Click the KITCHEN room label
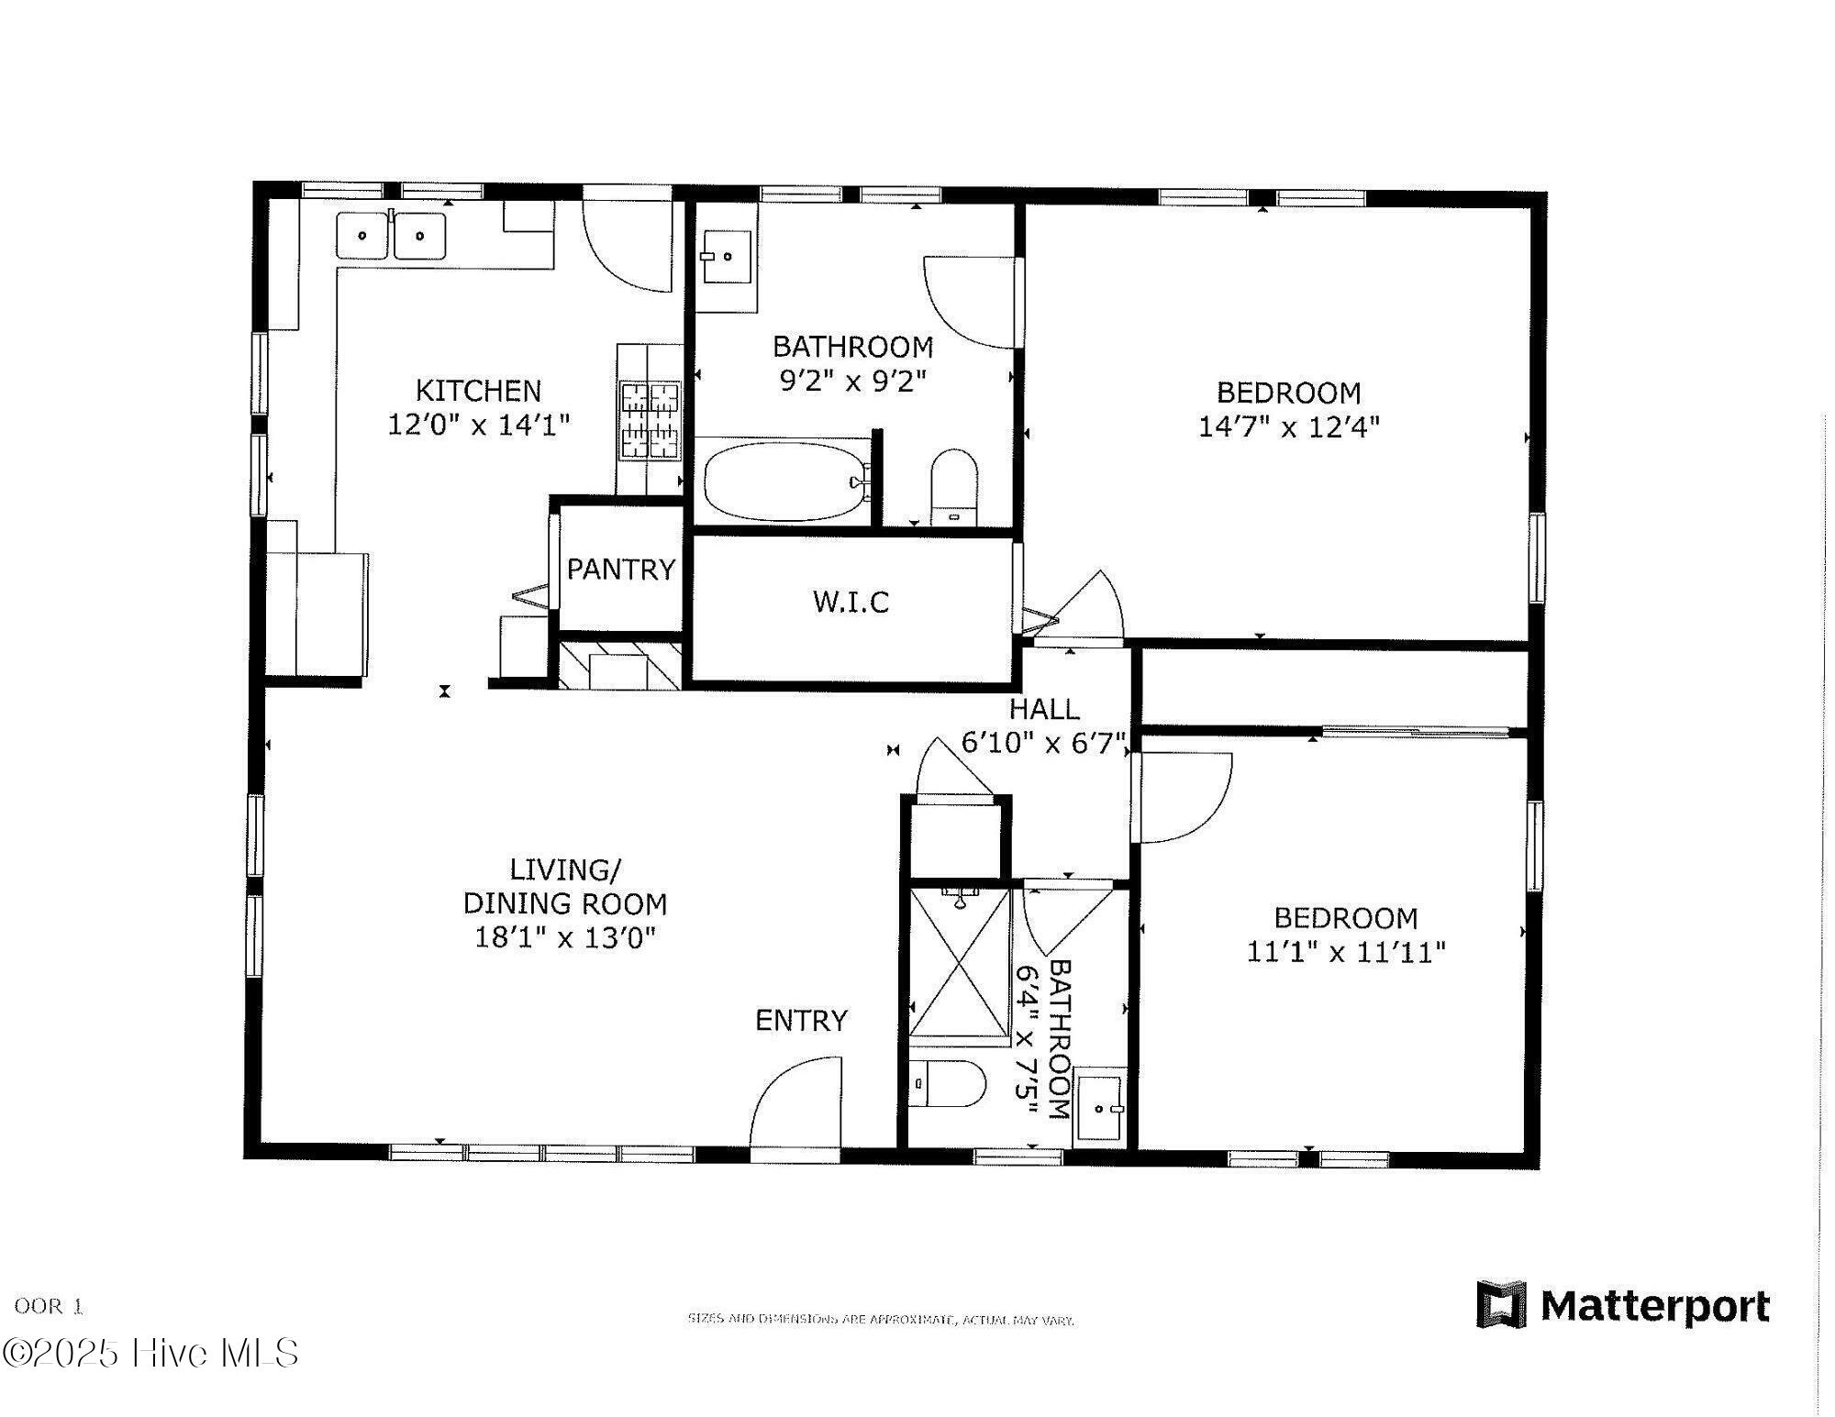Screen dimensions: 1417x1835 pos(478,391)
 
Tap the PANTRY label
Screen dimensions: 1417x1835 pos(620,570)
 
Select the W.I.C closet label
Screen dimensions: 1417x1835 pos(851,602)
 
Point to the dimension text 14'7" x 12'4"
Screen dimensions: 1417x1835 pos(1288,426)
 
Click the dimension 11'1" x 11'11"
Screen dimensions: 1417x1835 pos(1345,952)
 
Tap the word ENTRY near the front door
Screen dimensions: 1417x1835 pos(801,1020)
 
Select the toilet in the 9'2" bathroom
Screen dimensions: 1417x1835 pos(954,486)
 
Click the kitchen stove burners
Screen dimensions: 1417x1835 pos(651,420)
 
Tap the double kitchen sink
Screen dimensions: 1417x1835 pos(391,236)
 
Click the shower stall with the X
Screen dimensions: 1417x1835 pos(960,963)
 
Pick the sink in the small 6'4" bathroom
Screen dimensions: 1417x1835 pos(1099,1108)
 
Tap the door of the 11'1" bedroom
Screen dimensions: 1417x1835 pos(1184,798)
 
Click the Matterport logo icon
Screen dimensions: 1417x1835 pos(1501,1304)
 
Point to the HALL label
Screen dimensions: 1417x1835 pos(1044,709)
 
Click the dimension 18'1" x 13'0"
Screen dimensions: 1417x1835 pos(565,937)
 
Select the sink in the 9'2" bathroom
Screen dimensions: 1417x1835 pos(728,257)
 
